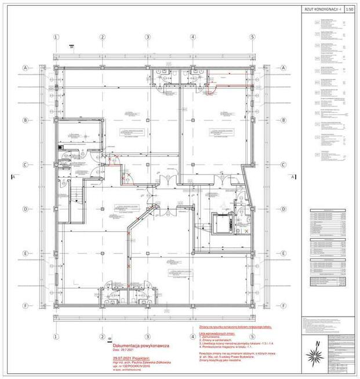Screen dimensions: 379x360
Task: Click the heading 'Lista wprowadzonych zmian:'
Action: tap(212, 334)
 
